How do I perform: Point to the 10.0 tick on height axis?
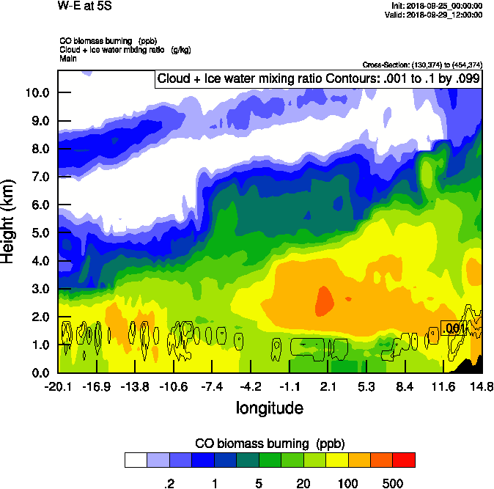pyautogui.click(x=39, y=92)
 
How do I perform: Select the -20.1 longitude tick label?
pyautogui.click(x=57, y=386)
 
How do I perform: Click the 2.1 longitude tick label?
pyautogui.click(x=328, y=386)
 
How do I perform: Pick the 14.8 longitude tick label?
pyautogui.click(x=482, y=386)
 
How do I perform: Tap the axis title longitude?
pyautogui.click(x=270, y=407)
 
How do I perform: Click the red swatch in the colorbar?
pyautogui.click(x=403, y=460)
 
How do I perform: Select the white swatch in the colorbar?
pyautogui.click(x=136, y=460)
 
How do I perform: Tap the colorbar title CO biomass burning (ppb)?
pyautogui.click(x=270, y=444)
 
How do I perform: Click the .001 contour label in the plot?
pyautogui.click(x=454, y=328)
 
